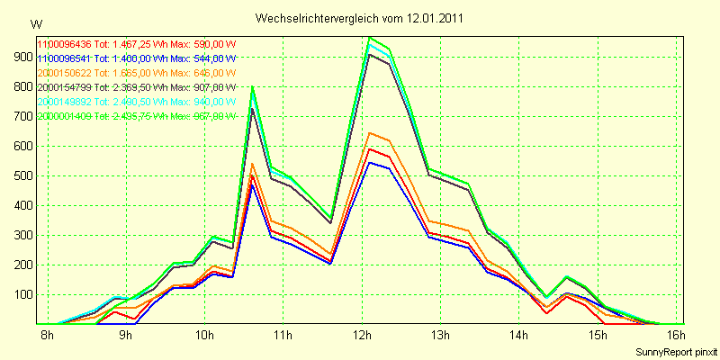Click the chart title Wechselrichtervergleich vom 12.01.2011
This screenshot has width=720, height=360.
tap(360, 18)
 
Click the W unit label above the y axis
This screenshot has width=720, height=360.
tap(35, 22)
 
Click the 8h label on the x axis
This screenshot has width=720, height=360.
tap(49, 337)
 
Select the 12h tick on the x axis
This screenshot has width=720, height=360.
tap(362, 337)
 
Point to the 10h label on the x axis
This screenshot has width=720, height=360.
tap(205, 337)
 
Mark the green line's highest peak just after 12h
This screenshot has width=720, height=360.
tap(370, 38)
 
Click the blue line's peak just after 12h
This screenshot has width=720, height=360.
tap(370, 163)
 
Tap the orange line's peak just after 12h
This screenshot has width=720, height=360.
tap(370, 133)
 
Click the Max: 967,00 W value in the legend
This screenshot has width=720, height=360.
tap(202, 116)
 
